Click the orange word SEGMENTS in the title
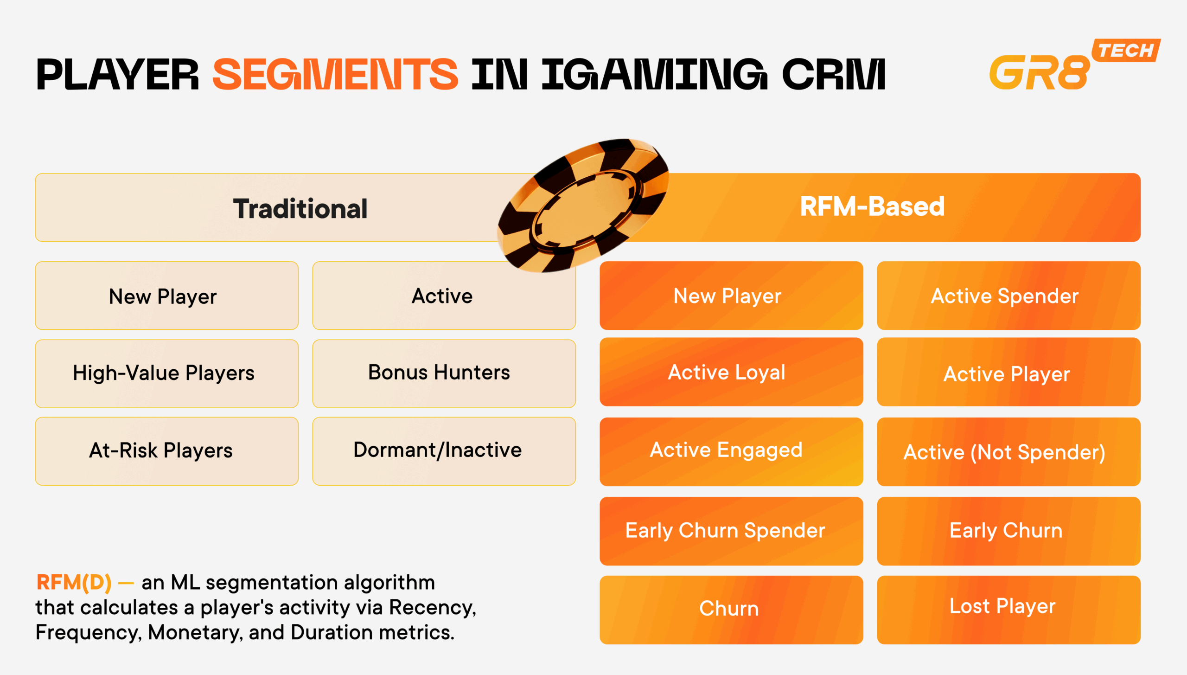[335, 74]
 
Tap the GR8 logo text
[1039, 73]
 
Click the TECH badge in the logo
[1126, 50]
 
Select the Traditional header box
[278, 208]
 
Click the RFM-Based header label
[872, 206]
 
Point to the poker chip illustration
[583, 205]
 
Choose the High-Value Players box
[166, 373]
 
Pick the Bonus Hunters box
[444, 373]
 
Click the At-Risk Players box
[166, 451]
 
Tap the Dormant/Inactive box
[444, 451]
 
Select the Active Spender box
[1008, 296]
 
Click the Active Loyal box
[731, 372]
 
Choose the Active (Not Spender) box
[1008, 451]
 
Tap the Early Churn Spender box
[731, 531]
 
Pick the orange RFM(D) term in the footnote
[74, 582]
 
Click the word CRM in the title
[834, 74]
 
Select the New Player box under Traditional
[166, 296]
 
